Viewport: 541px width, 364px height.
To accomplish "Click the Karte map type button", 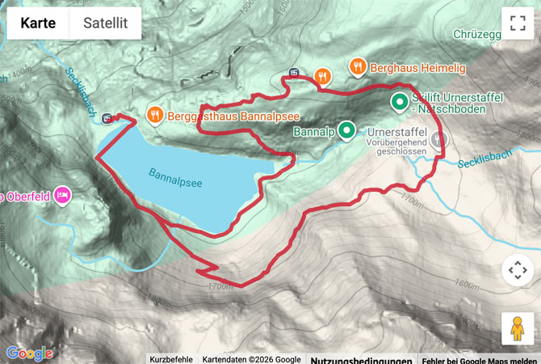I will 38,23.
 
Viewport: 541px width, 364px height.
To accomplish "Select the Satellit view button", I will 105,23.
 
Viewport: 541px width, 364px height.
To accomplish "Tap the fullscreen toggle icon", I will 518,23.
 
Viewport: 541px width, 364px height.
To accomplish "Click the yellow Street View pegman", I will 518,328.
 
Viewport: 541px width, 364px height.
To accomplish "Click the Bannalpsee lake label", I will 175,178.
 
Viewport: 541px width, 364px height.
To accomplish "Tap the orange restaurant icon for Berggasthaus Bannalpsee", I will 155,115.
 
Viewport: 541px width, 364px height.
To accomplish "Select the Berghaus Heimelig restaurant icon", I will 355,65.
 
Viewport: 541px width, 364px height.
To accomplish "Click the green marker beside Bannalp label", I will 346,129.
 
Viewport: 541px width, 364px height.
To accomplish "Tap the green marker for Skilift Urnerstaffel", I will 399,102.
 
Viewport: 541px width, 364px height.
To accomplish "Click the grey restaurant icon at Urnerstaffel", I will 438,139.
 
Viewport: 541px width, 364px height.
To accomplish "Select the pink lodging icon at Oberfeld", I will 63,195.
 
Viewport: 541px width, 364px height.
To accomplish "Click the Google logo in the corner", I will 29,353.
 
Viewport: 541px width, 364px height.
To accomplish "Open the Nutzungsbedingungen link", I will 362,359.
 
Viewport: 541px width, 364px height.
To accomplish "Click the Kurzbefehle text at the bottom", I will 170,359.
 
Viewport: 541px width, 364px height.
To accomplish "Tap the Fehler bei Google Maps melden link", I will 480,359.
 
